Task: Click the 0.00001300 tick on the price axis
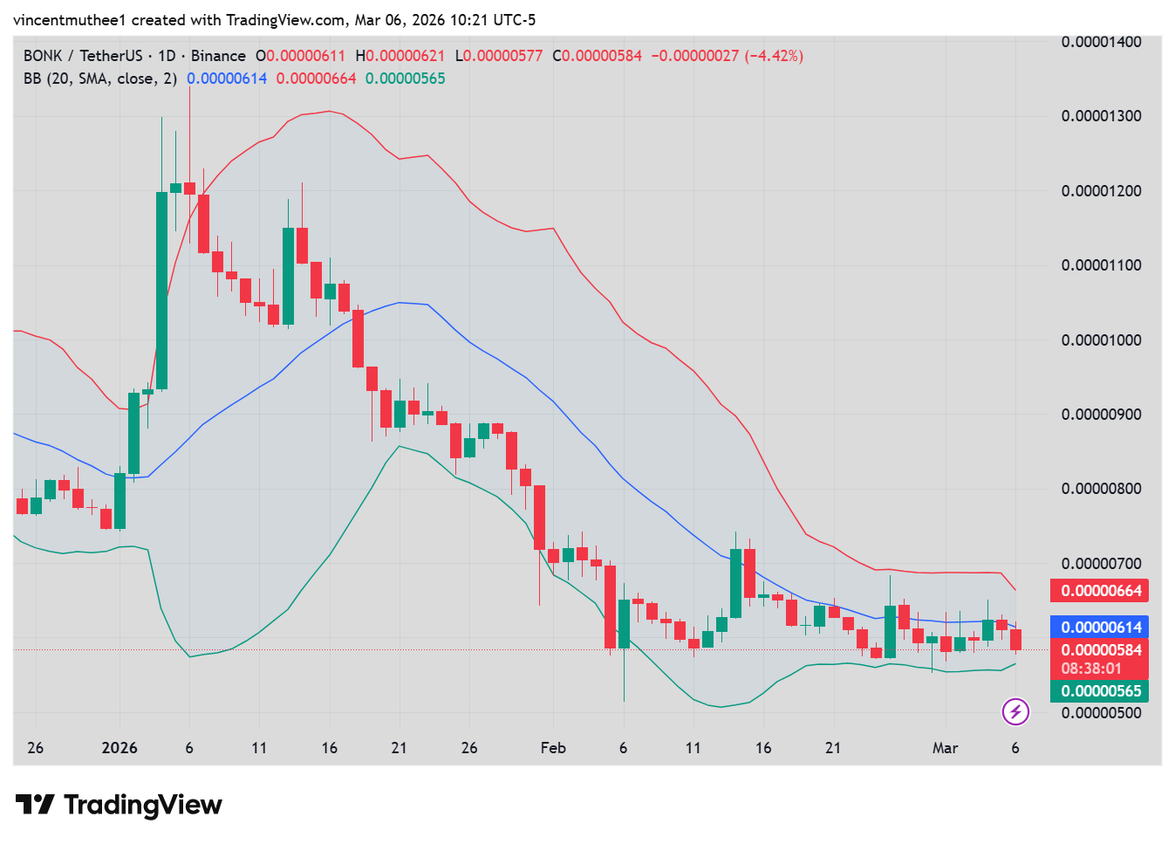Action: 1101,116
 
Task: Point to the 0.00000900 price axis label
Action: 1101,415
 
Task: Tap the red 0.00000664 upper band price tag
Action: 1101,591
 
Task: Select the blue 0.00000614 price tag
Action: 1101,628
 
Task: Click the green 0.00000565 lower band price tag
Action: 1101,691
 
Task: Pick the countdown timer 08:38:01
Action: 1091,669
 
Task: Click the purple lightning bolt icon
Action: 1014,711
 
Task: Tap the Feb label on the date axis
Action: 553,748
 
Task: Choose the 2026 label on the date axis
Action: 120,748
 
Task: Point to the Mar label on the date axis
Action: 945,748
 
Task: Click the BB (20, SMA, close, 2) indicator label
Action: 100,79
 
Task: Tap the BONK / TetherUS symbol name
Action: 83,56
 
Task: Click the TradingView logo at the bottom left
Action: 120,805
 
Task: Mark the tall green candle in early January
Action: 161,290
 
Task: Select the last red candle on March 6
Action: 1015,640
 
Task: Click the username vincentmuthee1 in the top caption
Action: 69,19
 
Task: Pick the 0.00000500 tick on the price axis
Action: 1101,713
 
